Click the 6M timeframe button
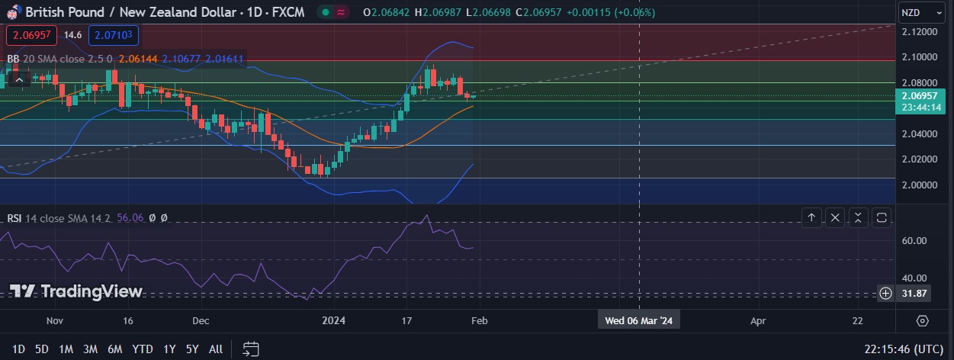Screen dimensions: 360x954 click(x=114, y=349)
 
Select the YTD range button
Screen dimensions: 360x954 click(x=143, y=349)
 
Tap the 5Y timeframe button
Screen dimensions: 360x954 click(x=191, y=349)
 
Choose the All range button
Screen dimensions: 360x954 click(x=216, y=349)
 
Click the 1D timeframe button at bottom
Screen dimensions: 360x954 click(x=18, y=349)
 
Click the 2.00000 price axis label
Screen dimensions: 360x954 click(x=920, y=185)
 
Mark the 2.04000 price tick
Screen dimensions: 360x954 click(x=920, y=134)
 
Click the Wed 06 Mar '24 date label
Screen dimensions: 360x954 click(x=639, y=321)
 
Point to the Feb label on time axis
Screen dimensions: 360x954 click(x=479, y=321)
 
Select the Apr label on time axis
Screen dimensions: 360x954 click(x=757, y=321)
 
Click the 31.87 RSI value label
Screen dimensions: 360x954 click(x=914, y=294)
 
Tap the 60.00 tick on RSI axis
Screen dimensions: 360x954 click(x=914, y=241)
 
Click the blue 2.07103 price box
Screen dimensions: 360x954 click(x=113, y=35)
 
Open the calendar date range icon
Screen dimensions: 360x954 click(x=251, y=349)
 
